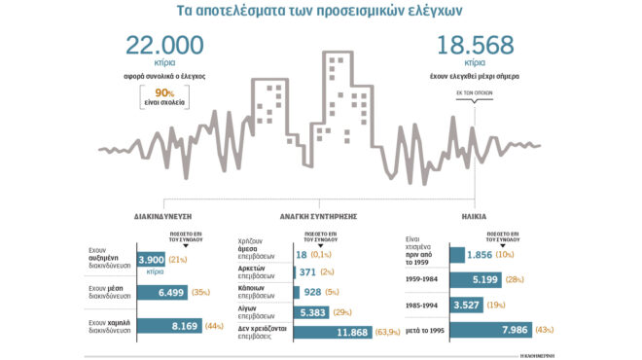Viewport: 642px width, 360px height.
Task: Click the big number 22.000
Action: click(164, 46)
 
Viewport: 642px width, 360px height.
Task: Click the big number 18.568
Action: click(474, 46)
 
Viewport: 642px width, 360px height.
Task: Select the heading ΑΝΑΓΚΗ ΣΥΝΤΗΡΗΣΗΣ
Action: click(319, 217)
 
